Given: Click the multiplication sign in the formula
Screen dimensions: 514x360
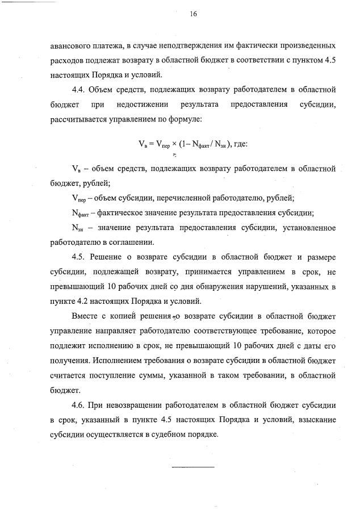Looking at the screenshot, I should click(175, 144).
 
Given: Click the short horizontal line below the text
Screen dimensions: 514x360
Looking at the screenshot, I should click(193, 466).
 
